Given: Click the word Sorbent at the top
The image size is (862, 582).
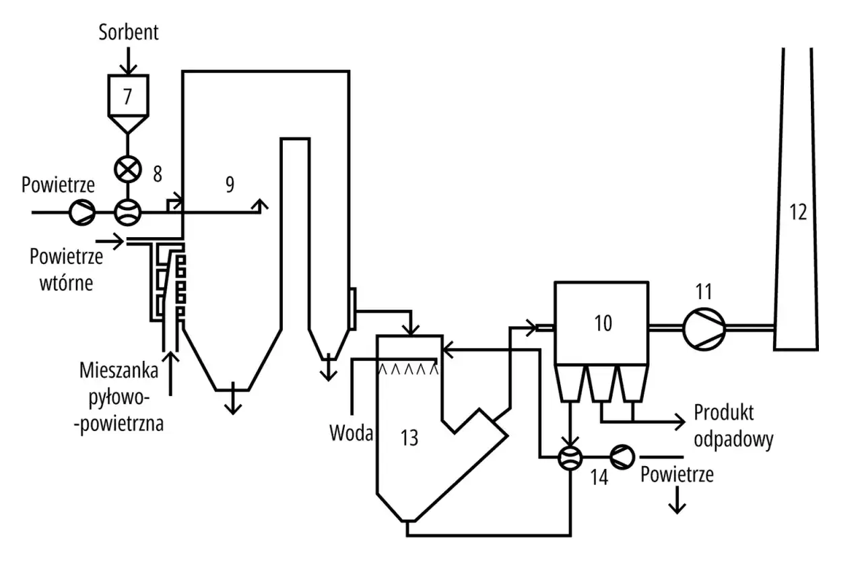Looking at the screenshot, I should click(x=129, y=32).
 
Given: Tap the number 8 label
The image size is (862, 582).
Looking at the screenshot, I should click(x=158, y=174).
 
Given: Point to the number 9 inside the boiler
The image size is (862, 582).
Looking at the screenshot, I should click(x=230, y=185).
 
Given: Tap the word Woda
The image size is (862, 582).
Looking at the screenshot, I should click(x=351, y=432).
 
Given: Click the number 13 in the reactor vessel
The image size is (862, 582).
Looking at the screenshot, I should click(x=409, y=438).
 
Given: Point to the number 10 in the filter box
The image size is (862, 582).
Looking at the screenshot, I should click(x=603, y=323).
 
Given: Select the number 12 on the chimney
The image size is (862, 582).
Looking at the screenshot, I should click(x=797, y=212).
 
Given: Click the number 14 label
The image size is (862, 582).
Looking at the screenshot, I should click(x=599, y=478).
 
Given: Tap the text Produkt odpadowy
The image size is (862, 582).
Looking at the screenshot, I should click(x=733, y=426).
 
